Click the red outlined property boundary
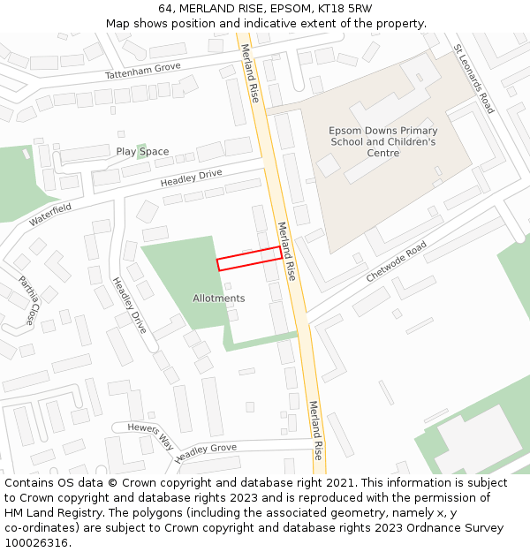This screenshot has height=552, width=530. point(249,258)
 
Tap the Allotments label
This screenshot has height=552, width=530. point(218,299)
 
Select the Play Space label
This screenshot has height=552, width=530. point(142,152)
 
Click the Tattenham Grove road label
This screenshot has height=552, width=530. point(142,72)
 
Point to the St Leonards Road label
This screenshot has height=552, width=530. point(473,79)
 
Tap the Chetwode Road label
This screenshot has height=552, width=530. point(397,261)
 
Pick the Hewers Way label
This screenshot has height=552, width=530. point(151,435)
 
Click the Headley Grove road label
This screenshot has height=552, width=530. point(206,453)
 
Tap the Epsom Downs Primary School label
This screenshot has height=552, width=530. point(382,141)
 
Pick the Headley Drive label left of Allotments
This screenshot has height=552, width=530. point(129,305)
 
